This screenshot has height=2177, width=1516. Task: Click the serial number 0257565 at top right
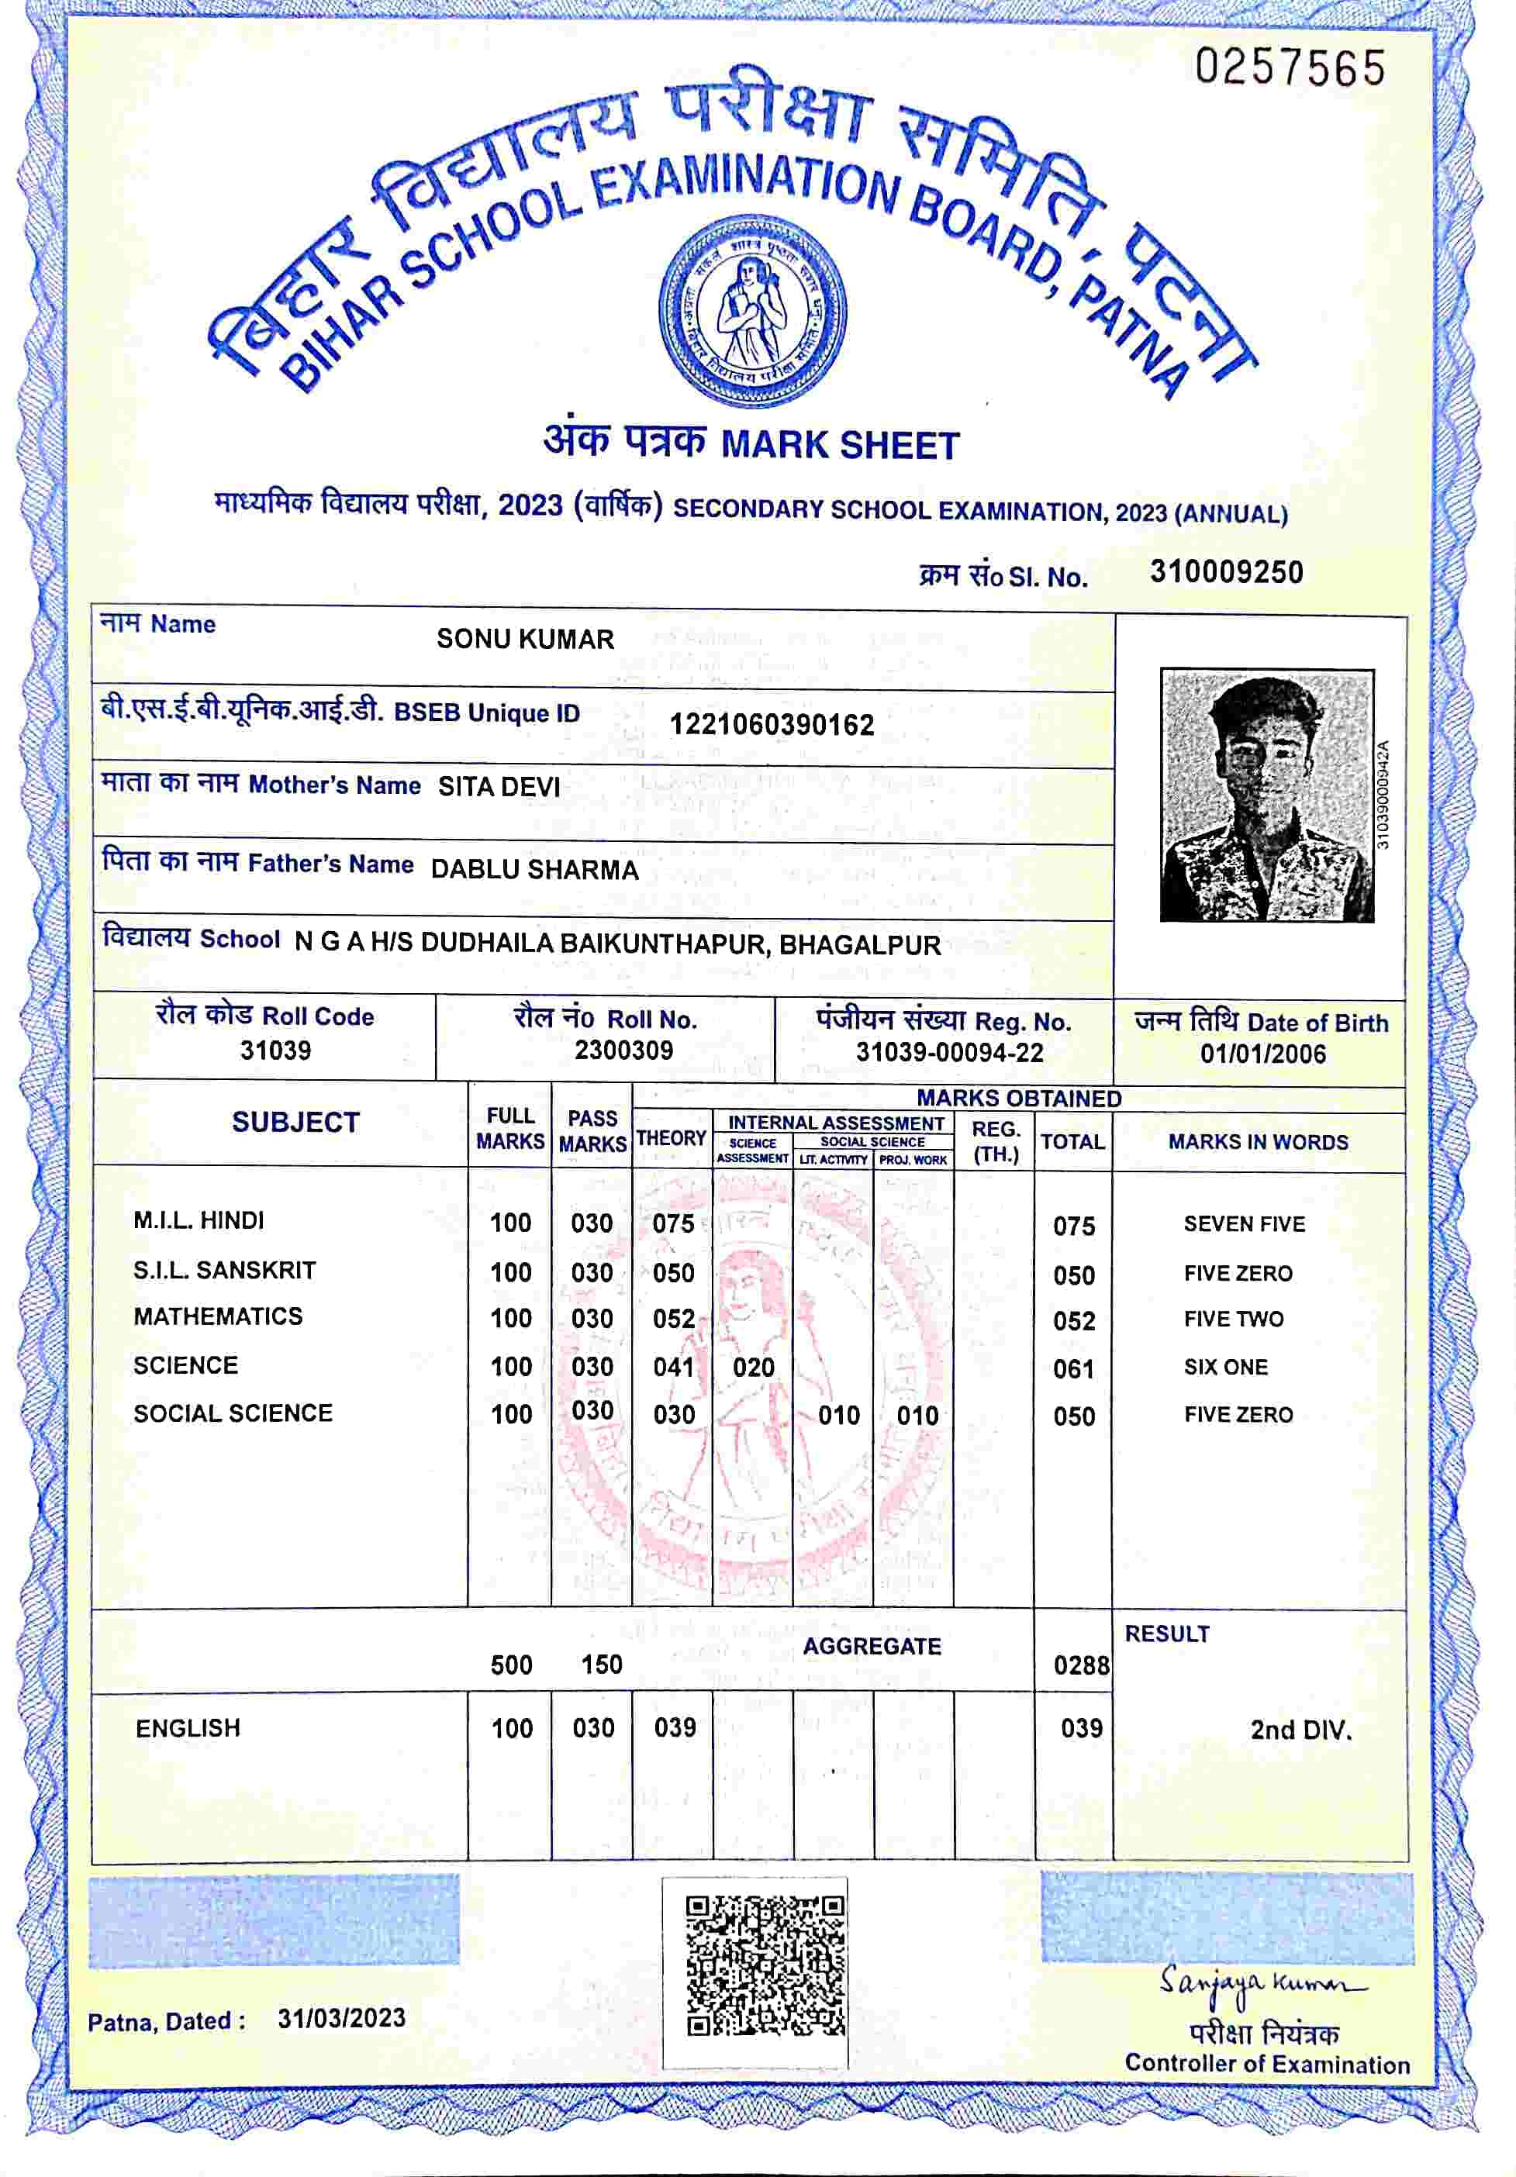(1290, 68)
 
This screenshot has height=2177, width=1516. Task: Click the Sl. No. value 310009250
(1226, 573)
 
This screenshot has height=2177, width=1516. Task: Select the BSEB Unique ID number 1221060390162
(772, 726)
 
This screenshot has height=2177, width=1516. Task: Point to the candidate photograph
(1266, 795)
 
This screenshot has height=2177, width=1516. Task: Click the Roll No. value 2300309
(623, 1051)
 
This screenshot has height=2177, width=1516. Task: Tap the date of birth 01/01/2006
(1263, 1054)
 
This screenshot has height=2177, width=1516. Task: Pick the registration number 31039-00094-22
(949, 1053)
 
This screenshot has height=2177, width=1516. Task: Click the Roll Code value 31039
(275, 1051)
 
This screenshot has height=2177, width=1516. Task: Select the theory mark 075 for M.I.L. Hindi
(673, 1224)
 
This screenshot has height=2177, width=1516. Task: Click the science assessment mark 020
(754, 1368)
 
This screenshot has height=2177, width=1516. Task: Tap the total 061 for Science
(1074, 1369)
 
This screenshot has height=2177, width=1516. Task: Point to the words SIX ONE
(1225, 1368)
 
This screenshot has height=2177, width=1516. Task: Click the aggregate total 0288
(1081, 1665)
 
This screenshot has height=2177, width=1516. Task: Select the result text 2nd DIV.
(1300, 1730)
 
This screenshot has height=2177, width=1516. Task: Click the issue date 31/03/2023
(341, 2019)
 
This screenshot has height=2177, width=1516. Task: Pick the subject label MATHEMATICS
(218, 1317)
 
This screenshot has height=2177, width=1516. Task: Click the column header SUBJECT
(295, 1123)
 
